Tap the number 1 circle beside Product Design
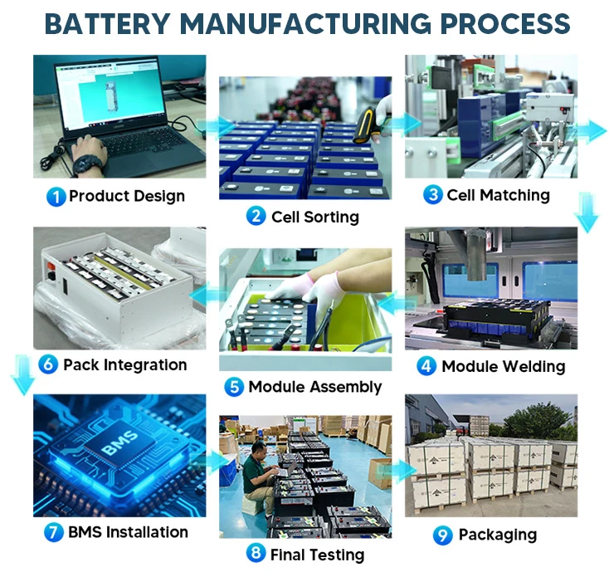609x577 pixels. [56, 197]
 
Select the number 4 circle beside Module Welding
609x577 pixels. [426, 366]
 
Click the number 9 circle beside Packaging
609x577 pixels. [442, 535]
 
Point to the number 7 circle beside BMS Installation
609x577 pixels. [53, 532]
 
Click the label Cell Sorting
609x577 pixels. [314, 218]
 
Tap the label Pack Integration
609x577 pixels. [124, 364]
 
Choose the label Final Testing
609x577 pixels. [317, 555]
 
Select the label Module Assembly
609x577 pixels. [314, 387]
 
